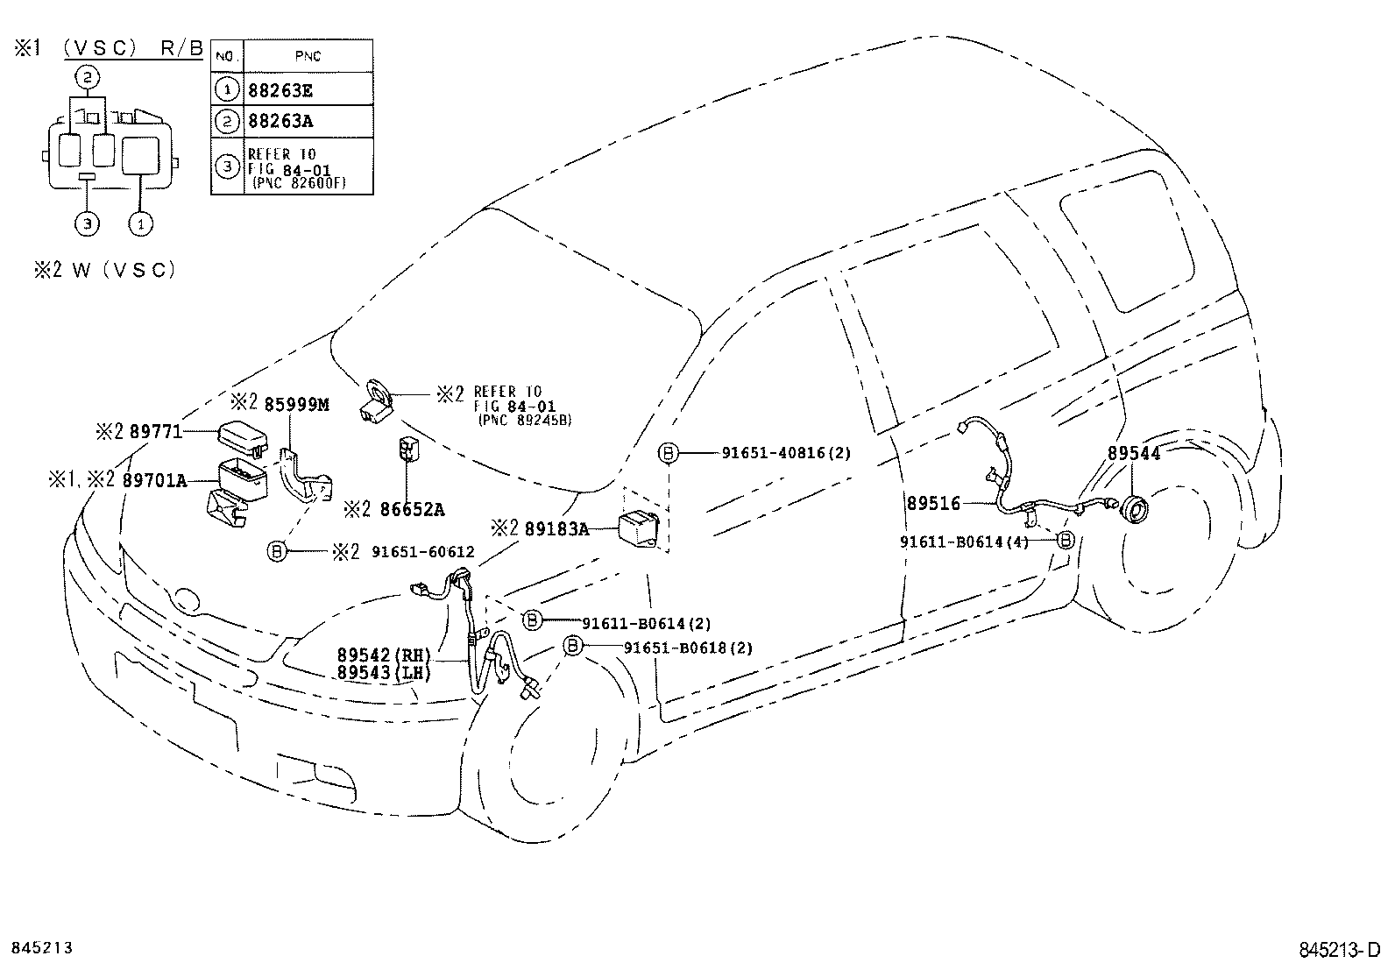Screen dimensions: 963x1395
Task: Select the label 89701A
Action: (x=157, y=479)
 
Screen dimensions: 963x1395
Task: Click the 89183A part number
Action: (x=557, y=528)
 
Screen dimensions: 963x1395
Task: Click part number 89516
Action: (x=933, y=504)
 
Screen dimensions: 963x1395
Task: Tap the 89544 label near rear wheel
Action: (x=1133, y=454)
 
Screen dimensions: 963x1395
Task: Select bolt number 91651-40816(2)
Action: (x=786, y=453)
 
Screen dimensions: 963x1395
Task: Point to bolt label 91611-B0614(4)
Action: (x=964, y=542)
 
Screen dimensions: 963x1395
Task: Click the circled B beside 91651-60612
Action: (x=277, y=551)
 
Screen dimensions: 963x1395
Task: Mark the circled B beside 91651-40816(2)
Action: (x=668, y=453)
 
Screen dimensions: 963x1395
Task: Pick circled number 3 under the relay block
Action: (x=86, y=224)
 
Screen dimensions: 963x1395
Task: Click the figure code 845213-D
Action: (x=1340, y=950)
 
